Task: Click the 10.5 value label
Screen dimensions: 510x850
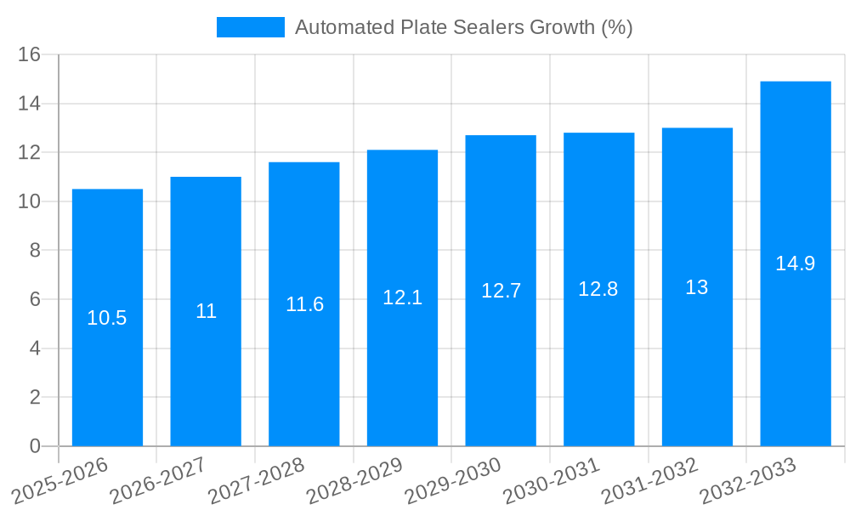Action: (x=107, y=318)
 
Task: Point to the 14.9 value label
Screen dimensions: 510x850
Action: (x=796, y=263)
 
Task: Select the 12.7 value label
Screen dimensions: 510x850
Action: (x=501, y=291)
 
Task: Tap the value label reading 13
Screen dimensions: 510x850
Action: (x=697, y=287)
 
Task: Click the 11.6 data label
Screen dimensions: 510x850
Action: (x=304, y=304)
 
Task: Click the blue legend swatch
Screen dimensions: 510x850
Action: (x=251, y=27)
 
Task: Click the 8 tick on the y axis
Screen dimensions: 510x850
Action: (x=35, y=251)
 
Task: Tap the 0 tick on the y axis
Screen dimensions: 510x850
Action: (x=35, y=446)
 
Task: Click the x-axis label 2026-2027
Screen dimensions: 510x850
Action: (x=159, y=480)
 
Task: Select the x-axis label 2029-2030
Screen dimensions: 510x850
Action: (x=454, y=480)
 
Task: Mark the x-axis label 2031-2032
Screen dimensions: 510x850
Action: (x=650, y=480)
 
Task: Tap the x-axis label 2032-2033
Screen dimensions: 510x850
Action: (x=749, y=480)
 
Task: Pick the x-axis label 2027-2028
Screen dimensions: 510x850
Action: (x=257, y=480)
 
